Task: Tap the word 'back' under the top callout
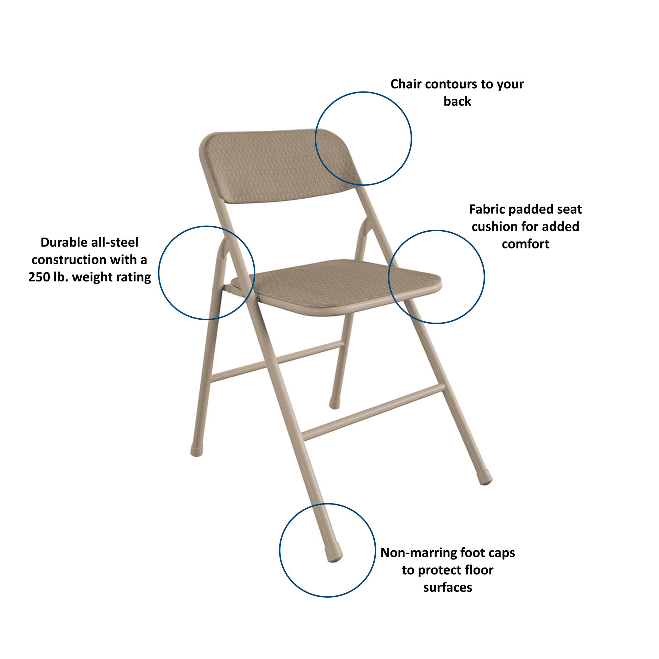coord(457,101)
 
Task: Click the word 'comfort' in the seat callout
coord(525,244)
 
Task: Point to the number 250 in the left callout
coord(39,277)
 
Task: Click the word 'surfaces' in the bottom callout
coord(447,588)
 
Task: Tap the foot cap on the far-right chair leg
coord(485,477)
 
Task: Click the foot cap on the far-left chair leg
coord(197,450)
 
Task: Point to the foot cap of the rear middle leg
coord(334,403)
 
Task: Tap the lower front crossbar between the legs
coord(374,412)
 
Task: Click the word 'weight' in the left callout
coord(91,277)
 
